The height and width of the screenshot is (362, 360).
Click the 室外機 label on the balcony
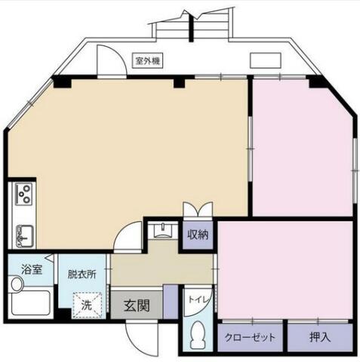point(148,60)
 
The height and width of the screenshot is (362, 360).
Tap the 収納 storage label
point(198,235)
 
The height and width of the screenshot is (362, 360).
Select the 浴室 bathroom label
point(32,270)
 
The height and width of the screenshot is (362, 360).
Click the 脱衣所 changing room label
point(82,274)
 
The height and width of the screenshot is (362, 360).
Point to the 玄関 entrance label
point(137,305)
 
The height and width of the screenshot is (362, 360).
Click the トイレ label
point(198,299)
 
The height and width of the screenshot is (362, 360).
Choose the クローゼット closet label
point(250,337)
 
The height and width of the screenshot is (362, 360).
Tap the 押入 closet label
point(320,337)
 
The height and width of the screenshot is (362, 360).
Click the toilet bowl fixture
point(198,335)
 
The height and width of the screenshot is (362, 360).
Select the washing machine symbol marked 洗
point(88,305)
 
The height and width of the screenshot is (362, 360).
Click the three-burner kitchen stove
point(23,194)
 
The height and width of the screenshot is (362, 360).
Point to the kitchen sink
point(24,236)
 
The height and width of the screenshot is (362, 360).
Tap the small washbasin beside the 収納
point(162,230)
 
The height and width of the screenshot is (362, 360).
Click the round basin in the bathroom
point(17,284)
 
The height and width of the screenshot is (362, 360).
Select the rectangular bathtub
point(30,303)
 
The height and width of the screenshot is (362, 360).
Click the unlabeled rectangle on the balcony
point(266,60)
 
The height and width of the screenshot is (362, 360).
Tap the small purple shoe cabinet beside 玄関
point(171,302)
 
